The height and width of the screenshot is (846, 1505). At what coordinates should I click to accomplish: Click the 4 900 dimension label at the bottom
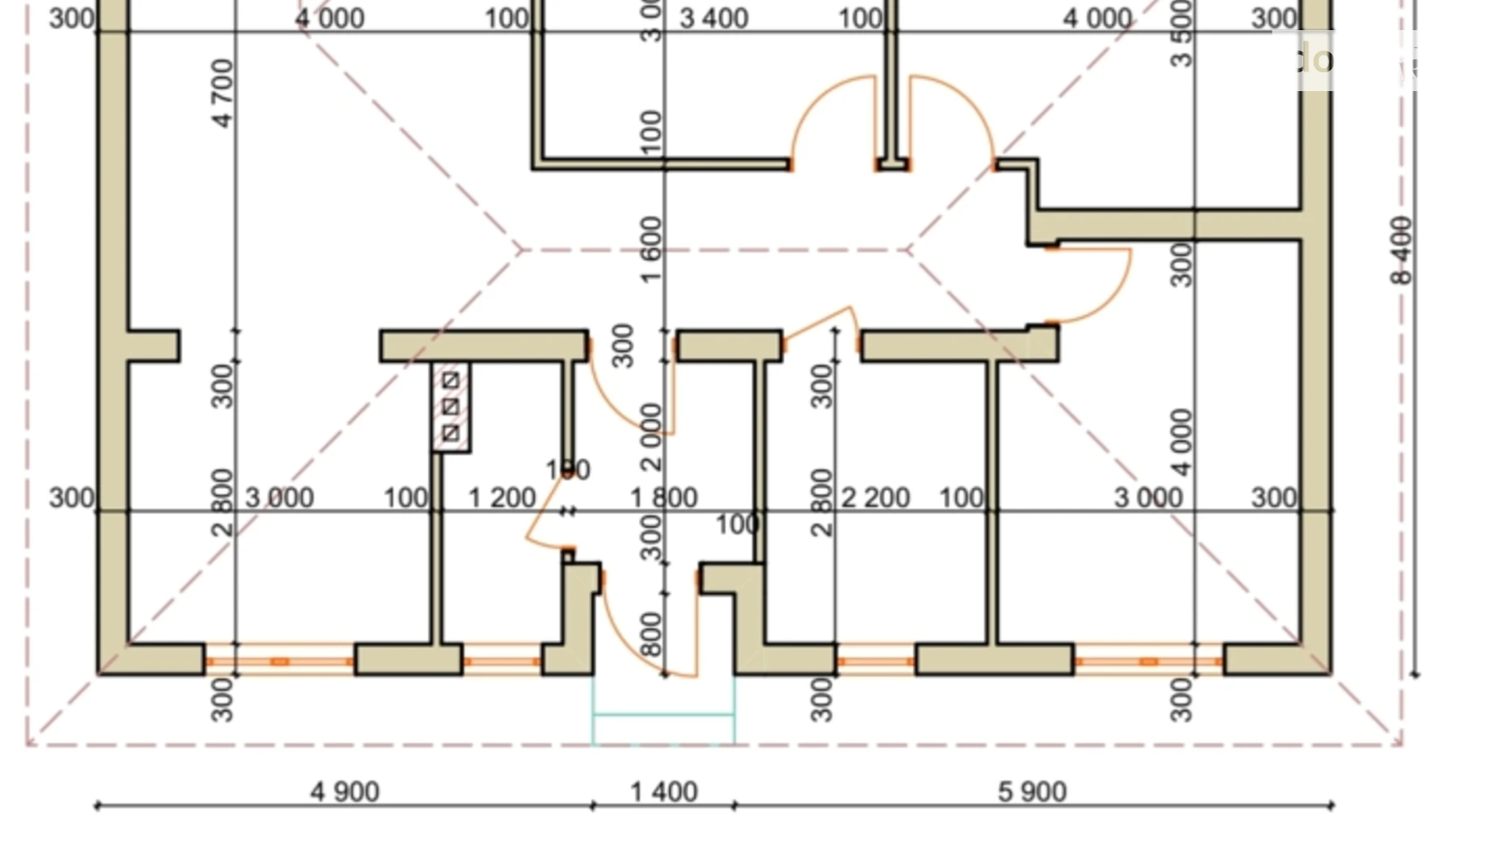(345, 791)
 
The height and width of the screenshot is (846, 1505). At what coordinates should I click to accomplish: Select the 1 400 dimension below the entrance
(664, 791)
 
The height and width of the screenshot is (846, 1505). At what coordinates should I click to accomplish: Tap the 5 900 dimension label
(1032, 791)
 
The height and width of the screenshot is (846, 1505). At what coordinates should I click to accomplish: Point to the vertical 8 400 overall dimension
(1402, 250)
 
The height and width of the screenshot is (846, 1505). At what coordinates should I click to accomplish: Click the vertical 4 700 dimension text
(222, 93)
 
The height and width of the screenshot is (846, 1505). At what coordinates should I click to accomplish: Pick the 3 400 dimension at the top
(713, 18)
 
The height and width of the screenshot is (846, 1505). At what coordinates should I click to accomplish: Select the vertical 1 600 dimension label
(652, 249)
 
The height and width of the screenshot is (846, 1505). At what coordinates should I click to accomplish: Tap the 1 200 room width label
(502, 497)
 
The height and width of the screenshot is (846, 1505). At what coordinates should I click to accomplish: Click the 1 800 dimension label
(664, 497)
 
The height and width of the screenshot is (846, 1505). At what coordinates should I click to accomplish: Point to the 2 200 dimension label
(875, 497)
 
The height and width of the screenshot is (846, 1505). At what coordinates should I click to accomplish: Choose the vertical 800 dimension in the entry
(652, 634)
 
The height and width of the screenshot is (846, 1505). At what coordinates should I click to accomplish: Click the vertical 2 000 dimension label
(652, 437)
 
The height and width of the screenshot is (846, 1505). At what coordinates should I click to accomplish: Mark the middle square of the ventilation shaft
(451, 407)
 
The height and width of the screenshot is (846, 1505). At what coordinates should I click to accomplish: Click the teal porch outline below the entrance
(663, 714)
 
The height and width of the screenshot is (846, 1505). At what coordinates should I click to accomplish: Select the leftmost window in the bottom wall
(279, 661)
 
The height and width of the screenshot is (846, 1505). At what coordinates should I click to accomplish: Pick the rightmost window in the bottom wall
(1148, 661)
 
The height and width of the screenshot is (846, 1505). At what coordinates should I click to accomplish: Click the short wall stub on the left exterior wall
(154, 346)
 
